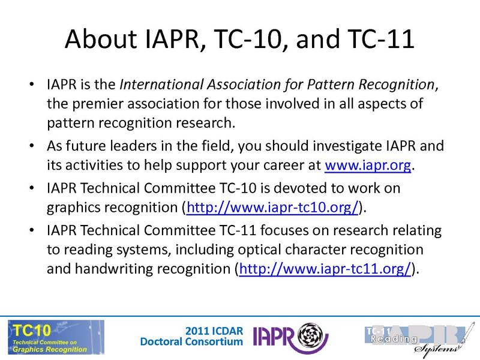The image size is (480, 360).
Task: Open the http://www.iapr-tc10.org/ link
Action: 273,208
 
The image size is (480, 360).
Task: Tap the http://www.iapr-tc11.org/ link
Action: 325,269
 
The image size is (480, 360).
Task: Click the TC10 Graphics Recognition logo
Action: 55,337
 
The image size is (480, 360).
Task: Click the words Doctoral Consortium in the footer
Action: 191,342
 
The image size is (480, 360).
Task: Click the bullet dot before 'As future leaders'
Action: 31,146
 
